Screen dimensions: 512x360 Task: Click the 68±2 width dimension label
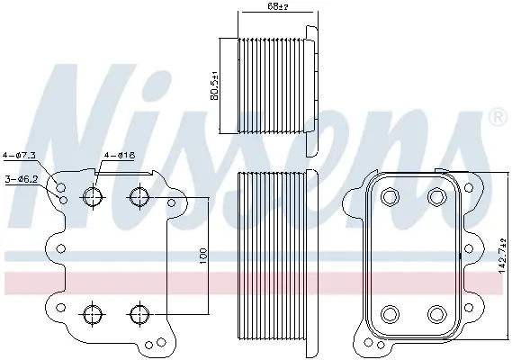click(278, 7)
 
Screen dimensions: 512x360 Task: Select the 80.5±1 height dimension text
click(214, 85)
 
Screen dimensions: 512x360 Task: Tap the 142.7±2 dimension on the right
click(502, 255)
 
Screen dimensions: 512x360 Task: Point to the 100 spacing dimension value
click(203, 256)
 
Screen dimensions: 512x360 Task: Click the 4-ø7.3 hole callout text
click(19, 155)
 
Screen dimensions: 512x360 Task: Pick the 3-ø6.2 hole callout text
click(22, 179)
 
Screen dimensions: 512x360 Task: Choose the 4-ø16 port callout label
click(119, 155)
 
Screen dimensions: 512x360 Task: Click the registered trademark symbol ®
click(498, 118)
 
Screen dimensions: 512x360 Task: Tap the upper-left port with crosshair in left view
click(93, 197)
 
